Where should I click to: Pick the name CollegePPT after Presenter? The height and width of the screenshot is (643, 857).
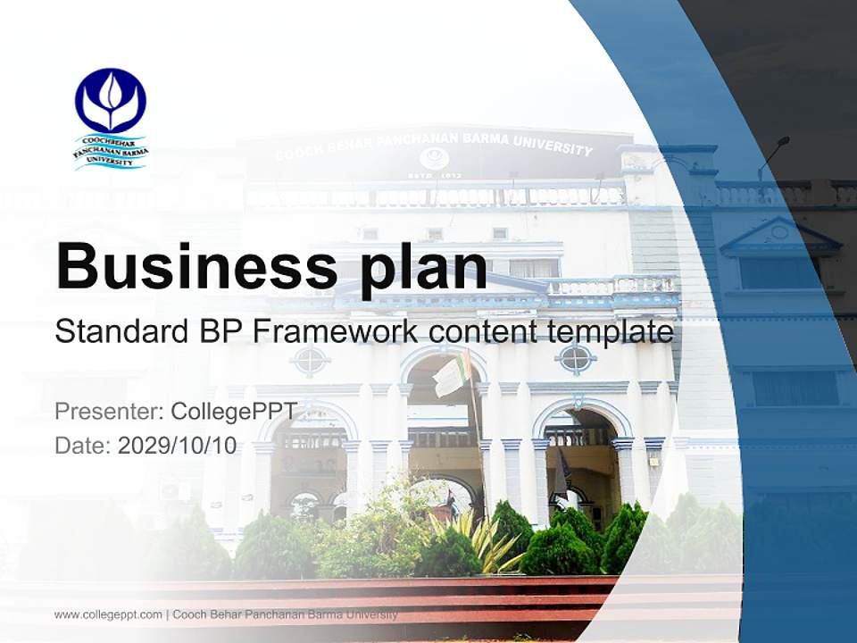pos(232,412)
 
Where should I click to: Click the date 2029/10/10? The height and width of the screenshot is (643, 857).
pos(177,446)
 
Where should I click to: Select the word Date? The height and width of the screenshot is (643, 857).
pos(83,446)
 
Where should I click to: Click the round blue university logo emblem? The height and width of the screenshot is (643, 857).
pos(110,100)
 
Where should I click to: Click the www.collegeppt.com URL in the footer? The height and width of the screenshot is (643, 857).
pos(108,614)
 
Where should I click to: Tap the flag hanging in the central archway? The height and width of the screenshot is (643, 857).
pos(452,375)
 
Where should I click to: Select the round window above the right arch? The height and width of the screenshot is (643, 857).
pos(576,359)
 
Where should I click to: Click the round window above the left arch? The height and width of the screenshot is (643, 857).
pos(310,361)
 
